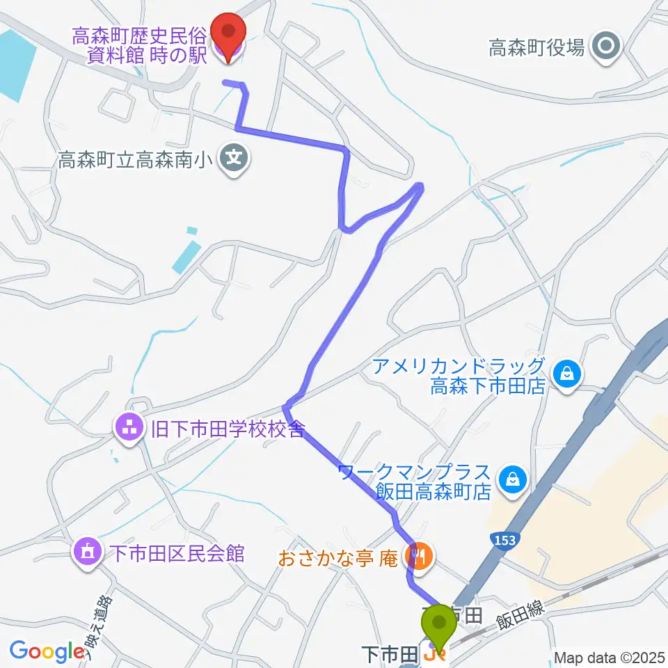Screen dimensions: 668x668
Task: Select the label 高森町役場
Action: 536,48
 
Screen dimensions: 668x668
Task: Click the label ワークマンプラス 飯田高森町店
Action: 416,482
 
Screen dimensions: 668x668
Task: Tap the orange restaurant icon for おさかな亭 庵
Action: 420,557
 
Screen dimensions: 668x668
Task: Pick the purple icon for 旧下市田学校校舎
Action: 129,427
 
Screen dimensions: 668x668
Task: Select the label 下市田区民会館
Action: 177,553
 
